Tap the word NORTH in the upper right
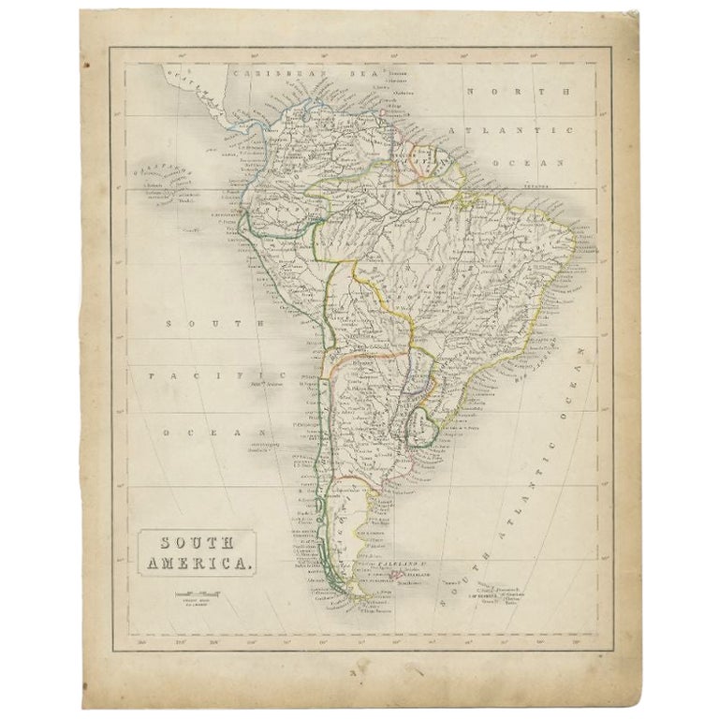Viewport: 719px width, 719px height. click(520, 92)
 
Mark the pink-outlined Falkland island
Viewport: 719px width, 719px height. click(397, 571)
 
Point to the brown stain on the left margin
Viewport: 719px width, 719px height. click(85, 67)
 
